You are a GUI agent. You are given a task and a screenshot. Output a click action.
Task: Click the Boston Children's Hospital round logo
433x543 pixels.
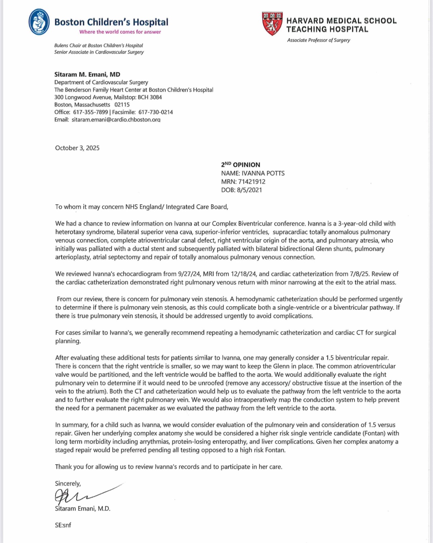point(39,22)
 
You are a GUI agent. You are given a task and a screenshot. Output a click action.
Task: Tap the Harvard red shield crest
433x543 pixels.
point(272,23)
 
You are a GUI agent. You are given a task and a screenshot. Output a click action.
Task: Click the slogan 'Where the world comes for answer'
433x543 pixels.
point(120,32)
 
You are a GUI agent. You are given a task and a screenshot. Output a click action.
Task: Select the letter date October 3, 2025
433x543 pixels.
point(77,148)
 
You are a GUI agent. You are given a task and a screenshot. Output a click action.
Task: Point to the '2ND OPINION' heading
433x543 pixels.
point(240,165)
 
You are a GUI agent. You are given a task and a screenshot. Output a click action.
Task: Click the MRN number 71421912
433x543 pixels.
point(252,181)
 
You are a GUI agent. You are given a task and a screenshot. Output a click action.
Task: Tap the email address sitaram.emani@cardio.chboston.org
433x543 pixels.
point(116,119)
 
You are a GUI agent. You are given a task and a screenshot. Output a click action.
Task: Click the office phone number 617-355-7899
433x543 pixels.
point(90,112)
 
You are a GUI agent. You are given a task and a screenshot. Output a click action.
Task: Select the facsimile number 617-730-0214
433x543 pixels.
point(155,112)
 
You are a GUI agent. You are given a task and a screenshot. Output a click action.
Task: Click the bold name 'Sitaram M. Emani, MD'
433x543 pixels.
point(87,74)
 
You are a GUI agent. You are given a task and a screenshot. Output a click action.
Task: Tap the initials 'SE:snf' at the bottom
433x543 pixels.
point(63,525)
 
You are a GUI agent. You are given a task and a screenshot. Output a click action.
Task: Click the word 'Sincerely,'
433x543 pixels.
point(68,483)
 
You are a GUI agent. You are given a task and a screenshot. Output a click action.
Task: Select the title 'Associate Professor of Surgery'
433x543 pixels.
point(318,40)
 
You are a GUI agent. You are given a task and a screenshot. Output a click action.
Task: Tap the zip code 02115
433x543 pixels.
point(122,105)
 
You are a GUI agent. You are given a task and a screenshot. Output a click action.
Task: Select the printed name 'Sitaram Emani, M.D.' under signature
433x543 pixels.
point(83,508)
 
